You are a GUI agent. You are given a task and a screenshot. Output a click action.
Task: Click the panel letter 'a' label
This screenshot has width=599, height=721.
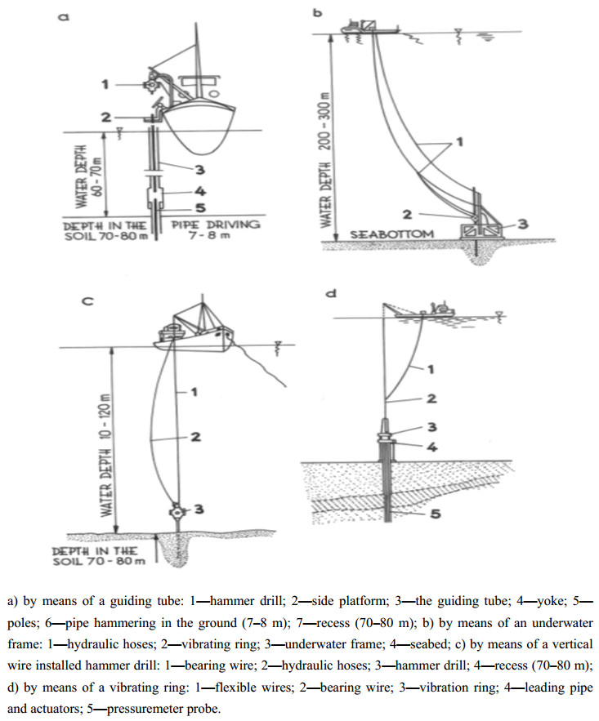point(64,17)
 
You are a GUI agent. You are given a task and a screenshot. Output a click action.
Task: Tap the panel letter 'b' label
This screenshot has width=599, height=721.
point(318,12)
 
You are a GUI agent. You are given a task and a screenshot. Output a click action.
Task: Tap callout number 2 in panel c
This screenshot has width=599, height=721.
point(195,436)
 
